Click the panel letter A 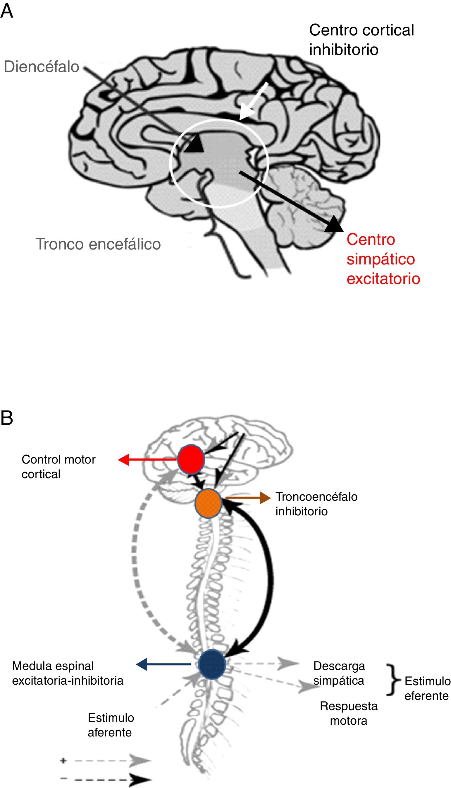[x=7, y=11]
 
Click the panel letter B [x=7, y=418]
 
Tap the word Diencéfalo [x=42, y=67]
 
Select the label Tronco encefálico [x=98, y=244]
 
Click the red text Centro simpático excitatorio [x=383, y=259]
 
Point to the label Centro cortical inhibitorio [x=361, y=40]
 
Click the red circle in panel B [x=191, y=459]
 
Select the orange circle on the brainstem [x=209, y=503]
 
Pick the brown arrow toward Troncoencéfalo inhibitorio [x=248, y=498]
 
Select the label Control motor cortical [x=58, y=467]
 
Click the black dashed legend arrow [x=111, y=779]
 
